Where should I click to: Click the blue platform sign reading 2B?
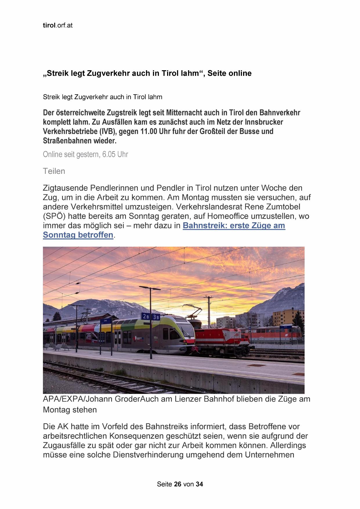point(145,316)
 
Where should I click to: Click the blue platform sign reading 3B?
point(156,317)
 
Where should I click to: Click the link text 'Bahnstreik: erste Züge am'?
point(234,225)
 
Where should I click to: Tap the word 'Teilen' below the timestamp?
point(54,171)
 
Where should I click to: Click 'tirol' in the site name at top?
point(49,25)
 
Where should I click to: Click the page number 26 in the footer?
point(178,484)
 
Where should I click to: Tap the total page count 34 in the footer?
point(199,484)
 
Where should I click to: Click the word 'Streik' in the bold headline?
point(57,73)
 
